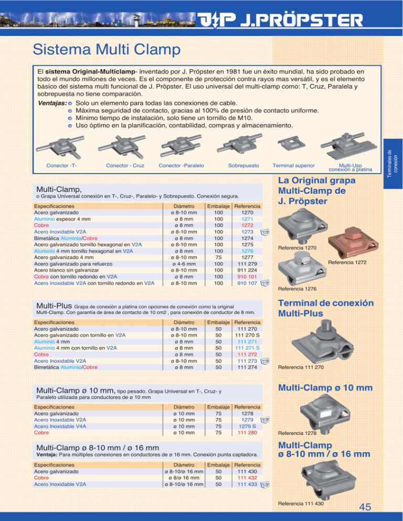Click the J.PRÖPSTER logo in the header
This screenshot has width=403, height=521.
tap(281, 21)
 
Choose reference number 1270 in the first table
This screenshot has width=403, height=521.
tap(247, 213)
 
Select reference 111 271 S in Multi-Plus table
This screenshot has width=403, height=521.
tap(247, 348)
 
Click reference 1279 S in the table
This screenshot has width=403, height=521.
tap(247, 426)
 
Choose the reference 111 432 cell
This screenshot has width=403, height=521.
tap(247, 477)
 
